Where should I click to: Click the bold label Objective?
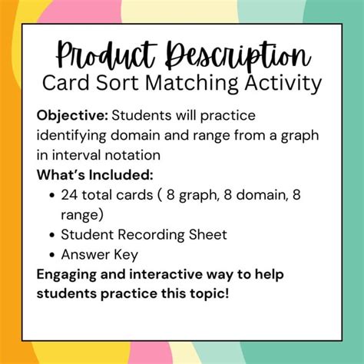[72, 115]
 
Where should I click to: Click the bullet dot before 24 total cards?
[51, 195]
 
